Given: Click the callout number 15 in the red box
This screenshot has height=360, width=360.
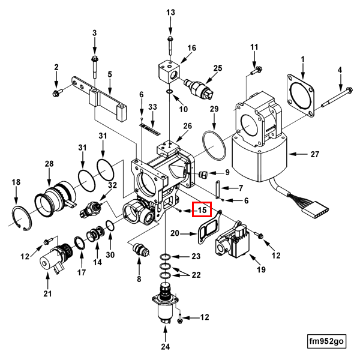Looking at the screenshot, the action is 202,210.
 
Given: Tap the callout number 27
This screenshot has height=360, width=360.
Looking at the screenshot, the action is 315,154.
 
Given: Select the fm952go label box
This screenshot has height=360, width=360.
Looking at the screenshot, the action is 326,341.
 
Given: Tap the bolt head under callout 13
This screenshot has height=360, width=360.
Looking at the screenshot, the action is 170,38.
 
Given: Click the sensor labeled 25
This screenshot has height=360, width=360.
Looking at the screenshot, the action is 200,88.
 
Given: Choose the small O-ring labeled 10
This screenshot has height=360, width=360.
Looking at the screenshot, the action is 169,92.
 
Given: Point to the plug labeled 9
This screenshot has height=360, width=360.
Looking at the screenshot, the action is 203,175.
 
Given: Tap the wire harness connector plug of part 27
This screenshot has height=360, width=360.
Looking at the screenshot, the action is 316,209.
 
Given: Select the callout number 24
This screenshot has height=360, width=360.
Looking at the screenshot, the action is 166,347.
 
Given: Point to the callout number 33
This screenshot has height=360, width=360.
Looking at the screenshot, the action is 152,107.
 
